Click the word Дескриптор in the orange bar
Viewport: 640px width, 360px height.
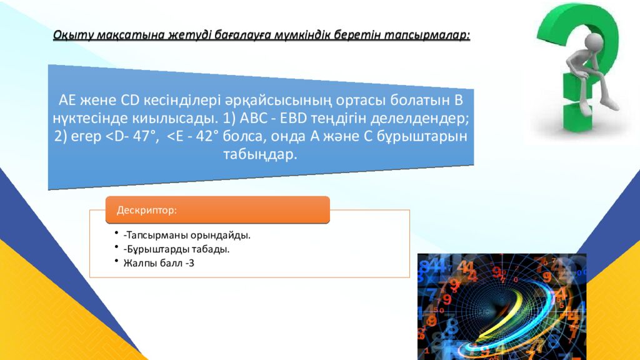(147, 211)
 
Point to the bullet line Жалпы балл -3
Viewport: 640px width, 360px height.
(159, 263)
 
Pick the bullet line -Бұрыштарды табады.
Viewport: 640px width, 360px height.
(176, 249)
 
